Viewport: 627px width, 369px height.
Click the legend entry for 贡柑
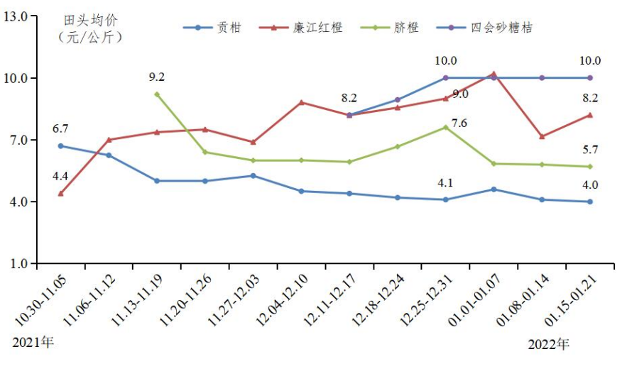(229, 28)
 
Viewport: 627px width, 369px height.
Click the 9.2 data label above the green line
(157, 77)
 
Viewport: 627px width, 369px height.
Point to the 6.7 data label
(60, 128)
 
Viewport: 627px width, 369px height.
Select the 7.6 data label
(459, 123)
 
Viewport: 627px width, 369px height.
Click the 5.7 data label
(590, 149)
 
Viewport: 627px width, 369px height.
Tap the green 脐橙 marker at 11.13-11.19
(157, 94)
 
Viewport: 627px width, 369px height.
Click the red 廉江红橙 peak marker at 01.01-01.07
(494, 74)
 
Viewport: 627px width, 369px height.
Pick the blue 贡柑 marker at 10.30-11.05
(60, 145)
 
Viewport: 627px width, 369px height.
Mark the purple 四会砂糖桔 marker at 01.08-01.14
(542, 78)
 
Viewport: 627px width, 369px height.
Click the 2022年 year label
(549, 345)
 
